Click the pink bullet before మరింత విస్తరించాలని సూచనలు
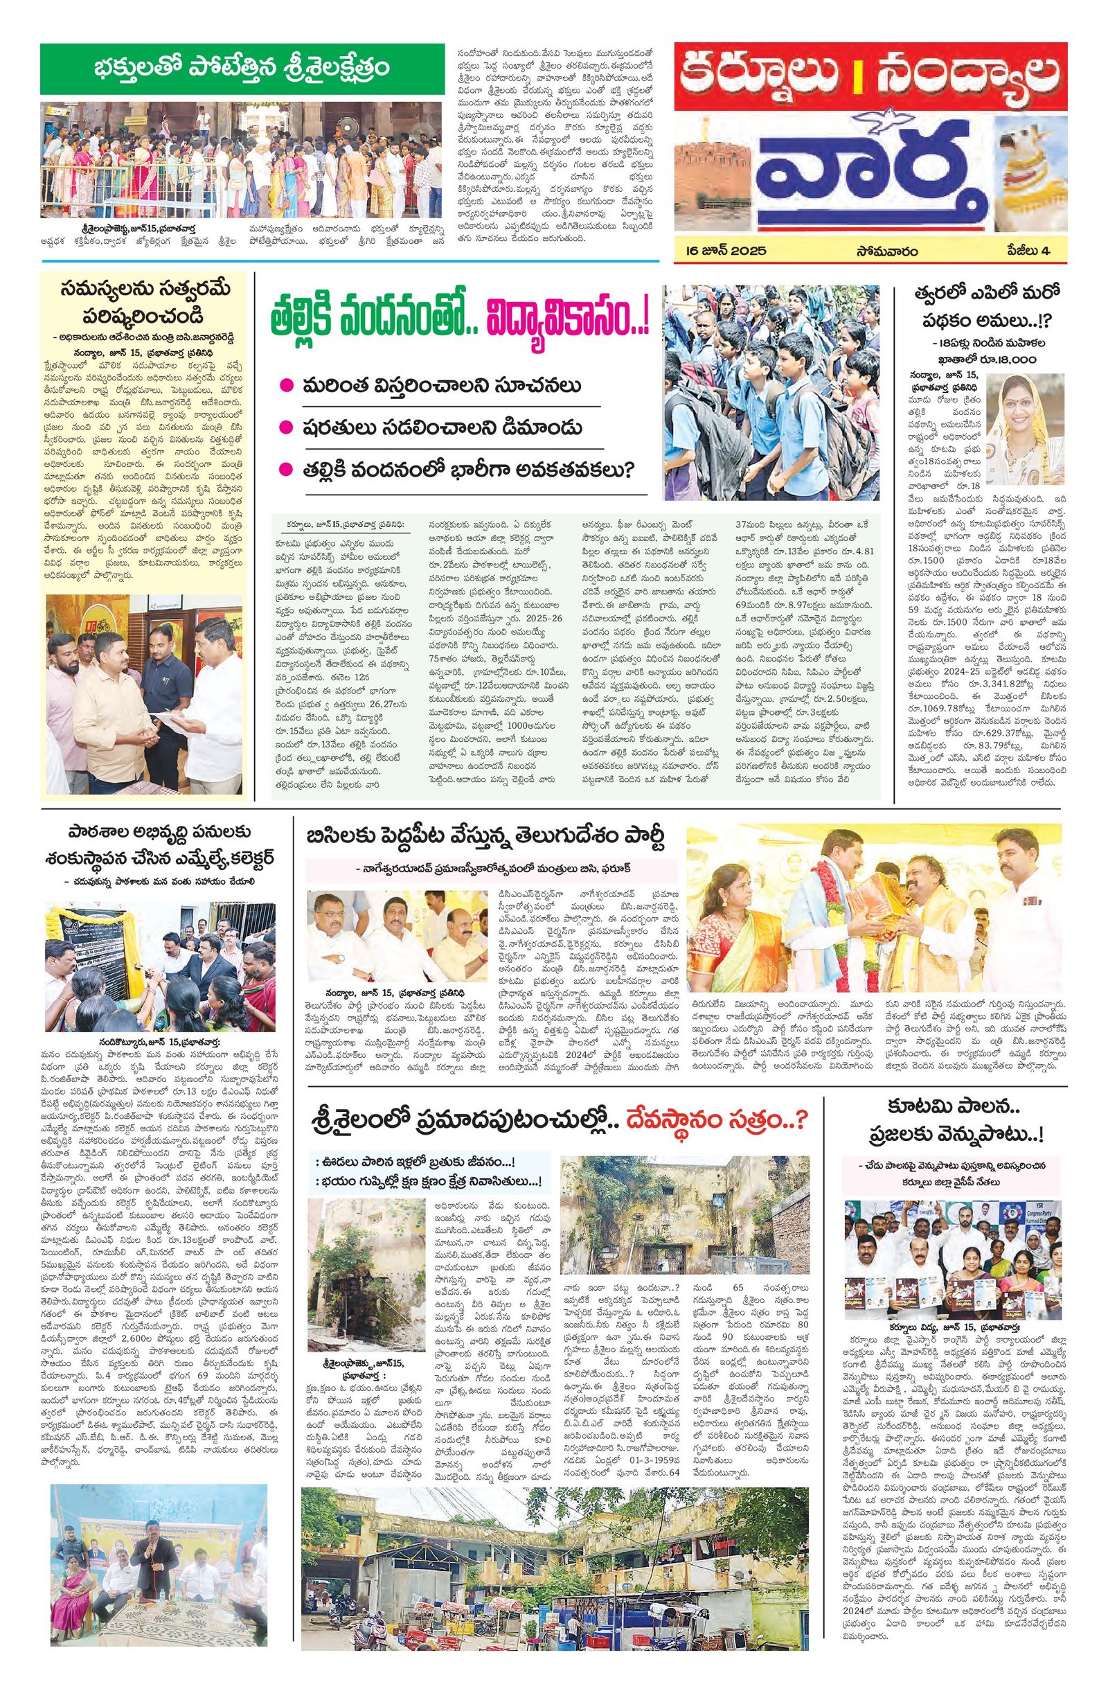click(x=285, y=386)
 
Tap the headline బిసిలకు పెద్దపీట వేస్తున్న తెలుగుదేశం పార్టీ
click(x=486, y=838)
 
